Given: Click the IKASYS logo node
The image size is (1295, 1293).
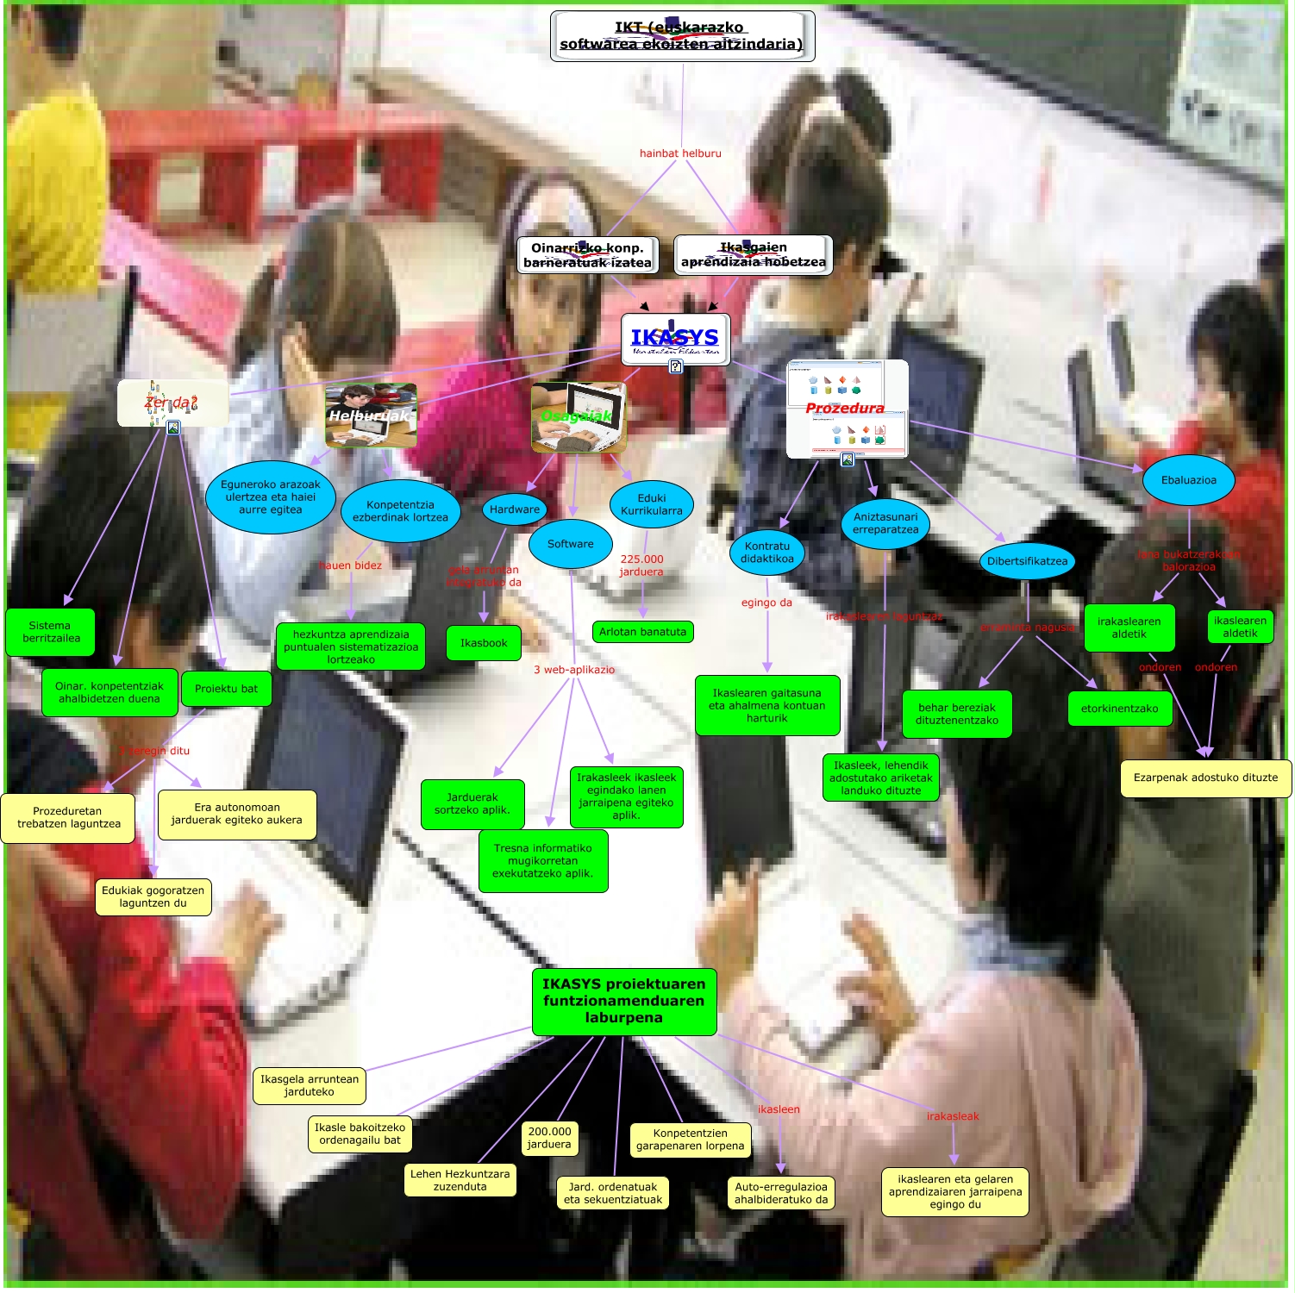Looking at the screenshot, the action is tap(675, 339).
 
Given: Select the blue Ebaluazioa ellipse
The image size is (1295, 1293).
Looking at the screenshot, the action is tap(1188, 480).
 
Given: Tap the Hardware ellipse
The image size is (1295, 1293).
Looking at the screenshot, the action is tap(514, 509).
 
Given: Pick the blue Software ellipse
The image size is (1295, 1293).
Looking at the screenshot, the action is tap(570, 544).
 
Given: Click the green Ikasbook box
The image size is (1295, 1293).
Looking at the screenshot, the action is tap(484, 643).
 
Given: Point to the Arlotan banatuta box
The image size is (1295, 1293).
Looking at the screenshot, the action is tap(642, 632).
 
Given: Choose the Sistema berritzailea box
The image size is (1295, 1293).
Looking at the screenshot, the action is tap(50, 632).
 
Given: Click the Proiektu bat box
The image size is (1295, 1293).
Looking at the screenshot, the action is tap(226, 689).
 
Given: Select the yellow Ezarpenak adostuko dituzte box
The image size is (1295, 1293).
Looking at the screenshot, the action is tap(1205, 778).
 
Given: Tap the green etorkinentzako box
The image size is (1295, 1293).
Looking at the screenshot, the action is tap(1119, 709).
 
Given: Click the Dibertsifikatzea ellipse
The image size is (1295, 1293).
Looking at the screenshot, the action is tap(1027, 561).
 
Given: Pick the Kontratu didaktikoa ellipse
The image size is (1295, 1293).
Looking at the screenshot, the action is tap(766, 553).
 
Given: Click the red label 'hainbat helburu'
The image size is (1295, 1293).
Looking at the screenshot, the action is tap(680, 153).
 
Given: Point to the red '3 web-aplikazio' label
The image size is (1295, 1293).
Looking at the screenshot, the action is tap(574, 670).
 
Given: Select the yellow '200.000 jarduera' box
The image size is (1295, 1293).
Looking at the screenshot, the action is tap(549, 1138).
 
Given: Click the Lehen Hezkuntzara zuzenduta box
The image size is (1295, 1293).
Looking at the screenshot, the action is tap(460, 1180).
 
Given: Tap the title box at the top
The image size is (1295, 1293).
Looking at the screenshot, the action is tap(682, 36).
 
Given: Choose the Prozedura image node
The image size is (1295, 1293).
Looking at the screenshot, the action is tap(847, 409).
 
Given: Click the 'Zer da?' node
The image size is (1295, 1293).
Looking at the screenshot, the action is tap(172, 403).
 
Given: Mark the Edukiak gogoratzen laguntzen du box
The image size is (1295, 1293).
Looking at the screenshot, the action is tap(153, 896).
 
